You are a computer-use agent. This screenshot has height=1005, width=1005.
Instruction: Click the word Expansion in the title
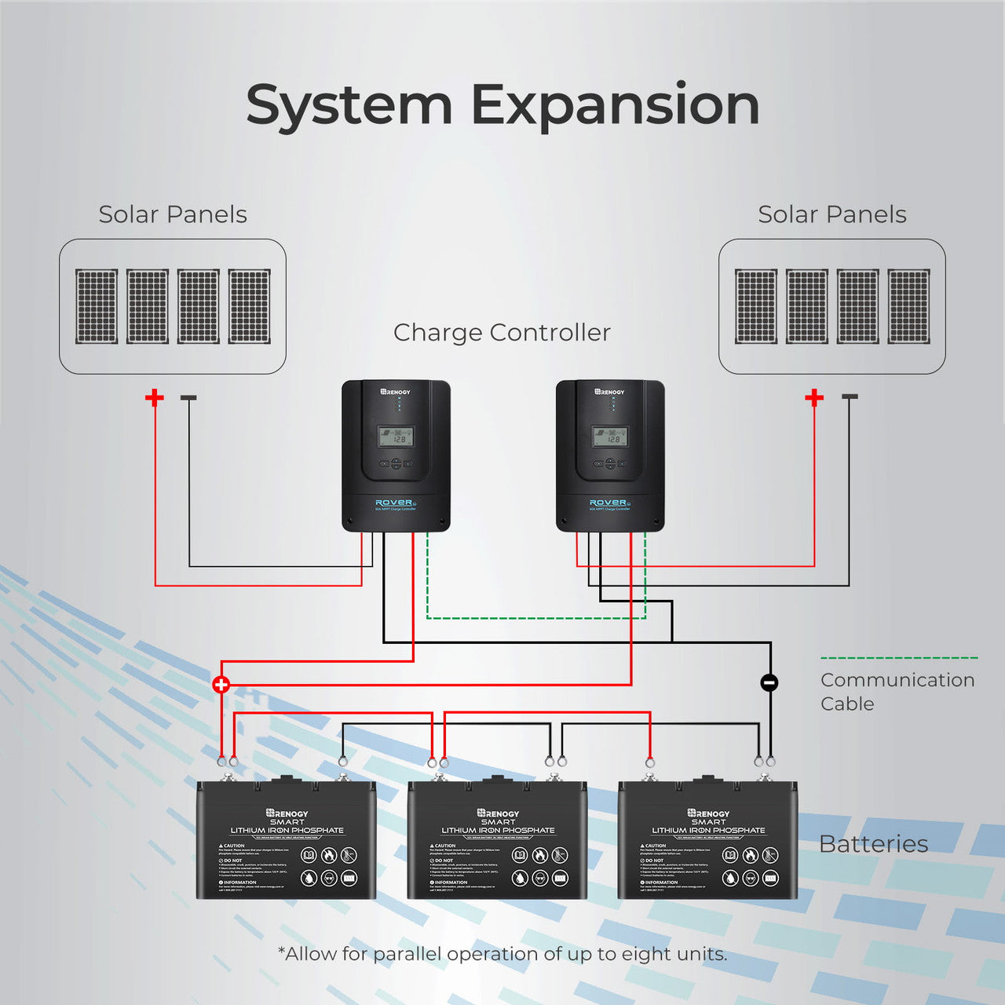[x=615, y=105]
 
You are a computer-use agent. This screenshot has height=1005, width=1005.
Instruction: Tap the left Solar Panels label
[x=173, y=214]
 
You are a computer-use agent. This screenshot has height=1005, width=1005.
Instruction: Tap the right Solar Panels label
[x=832, y=214]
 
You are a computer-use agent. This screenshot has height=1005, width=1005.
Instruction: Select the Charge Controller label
[x=502, y=332]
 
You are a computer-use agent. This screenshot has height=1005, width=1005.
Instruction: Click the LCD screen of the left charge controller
[x=396, y=437]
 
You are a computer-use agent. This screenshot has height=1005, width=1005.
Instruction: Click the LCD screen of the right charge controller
[x=610, y=437]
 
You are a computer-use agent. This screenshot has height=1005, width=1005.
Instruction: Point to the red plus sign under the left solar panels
[x=155, y=397]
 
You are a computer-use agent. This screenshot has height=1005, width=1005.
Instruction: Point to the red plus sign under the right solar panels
[x=814, y=397]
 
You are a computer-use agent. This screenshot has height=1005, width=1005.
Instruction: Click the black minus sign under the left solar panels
[x=188, y=397]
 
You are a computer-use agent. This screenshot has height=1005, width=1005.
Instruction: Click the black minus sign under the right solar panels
[x=850, y=397]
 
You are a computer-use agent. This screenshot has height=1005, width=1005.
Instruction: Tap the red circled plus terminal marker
[x=221, y=684]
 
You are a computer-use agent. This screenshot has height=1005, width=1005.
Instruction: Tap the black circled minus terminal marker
[x=769, y=683]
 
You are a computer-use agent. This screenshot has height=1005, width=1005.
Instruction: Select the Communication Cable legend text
[x=897, y=691]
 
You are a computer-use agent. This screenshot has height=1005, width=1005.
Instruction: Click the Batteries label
[x=873, y=844]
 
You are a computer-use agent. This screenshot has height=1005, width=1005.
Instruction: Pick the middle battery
[x=497, y=840]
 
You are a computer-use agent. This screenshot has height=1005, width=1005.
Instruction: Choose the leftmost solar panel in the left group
[x=97, y=306]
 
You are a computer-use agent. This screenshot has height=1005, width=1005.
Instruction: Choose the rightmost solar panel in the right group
[x=908, y=306]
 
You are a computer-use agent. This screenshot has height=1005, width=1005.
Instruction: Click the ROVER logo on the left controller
[x=394, y=502]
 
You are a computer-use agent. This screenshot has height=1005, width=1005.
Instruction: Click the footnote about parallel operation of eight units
[x=502, y=954]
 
